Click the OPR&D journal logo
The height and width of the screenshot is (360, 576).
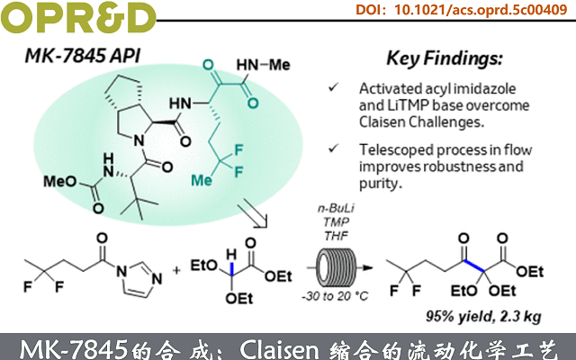click(x=76, y=15)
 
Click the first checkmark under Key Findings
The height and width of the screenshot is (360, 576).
click(x=335, y=87)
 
